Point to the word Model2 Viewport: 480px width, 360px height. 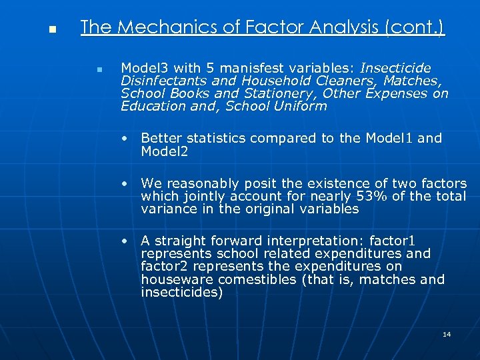coord(165,152)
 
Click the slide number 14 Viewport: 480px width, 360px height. coord(447,334)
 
